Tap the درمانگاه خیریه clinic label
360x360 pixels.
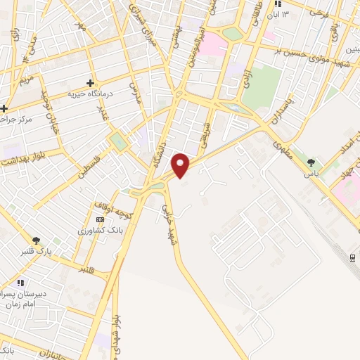pos(91,94)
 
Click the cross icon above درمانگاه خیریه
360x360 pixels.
pos(90,82)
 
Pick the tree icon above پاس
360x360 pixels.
pos(310,162)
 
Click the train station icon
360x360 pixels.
pos(353,257)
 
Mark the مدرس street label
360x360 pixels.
pos(136,91)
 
